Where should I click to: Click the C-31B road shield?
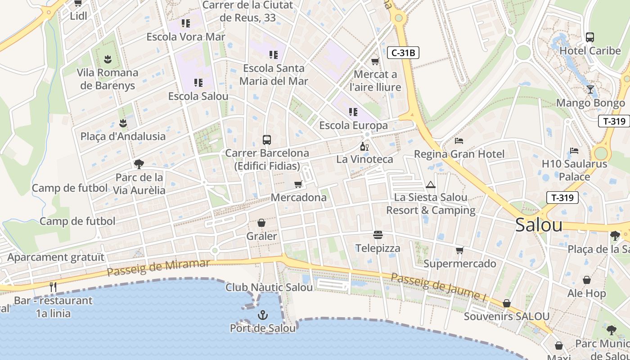403,53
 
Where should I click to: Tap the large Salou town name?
539,225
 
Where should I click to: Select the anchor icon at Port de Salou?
263,315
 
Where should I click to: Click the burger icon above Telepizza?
378,235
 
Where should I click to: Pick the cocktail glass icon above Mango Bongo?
590,89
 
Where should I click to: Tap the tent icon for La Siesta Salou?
431,184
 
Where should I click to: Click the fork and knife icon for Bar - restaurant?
53,287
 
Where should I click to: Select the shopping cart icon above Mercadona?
298,184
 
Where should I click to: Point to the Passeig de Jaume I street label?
438,287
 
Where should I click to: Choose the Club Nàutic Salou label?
269,287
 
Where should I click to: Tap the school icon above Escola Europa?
353,112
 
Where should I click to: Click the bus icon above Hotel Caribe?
589,37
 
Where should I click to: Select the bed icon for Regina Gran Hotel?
459,141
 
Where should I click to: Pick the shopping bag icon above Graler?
261,223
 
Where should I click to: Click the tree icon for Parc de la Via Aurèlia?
139,164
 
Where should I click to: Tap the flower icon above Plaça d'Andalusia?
123,123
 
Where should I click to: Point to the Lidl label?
78,16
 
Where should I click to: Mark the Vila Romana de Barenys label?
108,79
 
